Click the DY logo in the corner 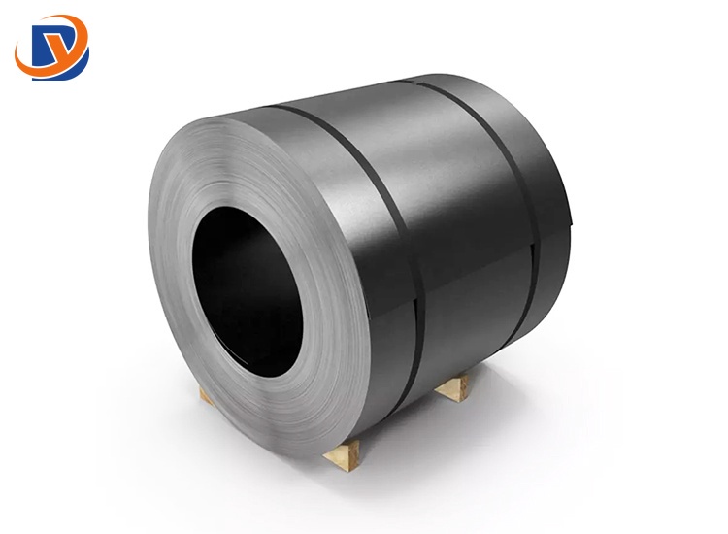(51, 46)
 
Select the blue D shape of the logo (38, 49)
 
